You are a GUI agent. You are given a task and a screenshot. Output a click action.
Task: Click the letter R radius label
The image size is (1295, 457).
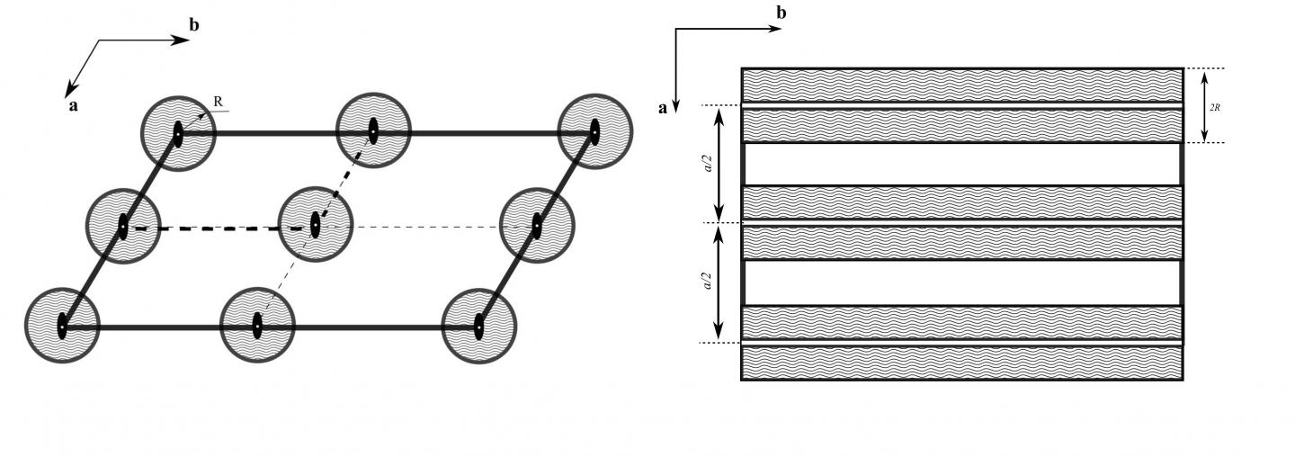[x=219, y=102]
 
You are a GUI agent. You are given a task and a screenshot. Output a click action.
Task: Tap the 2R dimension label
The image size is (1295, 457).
[x=1215, y=106]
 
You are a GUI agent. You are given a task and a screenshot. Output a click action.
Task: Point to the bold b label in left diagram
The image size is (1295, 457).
[x=194, y=25]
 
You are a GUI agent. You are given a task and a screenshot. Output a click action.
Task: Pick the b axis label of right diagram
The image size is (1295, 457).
[x=781, y=13]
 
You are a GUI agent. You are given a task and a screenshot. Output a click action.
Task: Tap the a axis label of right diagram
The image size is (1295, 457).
[x=664, y=109]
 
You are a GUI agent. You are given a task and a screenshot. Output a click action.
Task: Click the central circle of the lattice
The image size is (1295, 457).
[x=316, y=223]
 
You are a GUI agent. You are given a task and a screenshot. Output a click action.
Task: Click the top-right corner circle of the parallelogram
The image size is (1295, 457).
[x=594, y=131]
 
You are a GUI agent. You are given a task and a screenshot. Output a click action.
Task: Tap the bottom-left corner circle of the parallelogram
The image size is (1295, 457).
[x=62, y=325]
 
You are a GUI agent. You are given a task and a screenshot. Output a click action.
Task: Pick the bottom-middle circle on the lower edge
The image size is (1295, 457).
[x=257, y=326]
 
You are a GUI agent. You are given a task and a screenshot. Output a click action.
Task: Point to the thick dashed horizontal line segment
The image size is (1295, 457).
[x=216, y=228]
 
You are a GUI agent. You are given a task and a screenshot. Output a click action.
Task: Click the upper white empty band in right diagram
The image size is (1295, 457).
[x=961, y=164]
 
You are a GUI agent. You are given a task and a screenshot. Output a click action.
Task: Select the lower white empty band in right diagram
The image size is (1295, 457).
[x=961, y=282]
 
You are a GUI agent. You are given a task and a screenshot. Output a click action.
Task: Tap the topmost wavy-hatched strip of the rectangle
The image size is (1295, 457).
[x=961, y=85]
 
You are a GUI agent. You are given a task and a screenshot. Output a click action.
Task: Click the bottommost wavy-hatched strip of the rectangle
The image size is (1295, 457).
[x=961, y=363]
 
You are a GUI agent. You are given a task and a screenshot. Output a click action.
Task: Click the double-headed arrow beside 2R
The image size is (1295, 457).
[x=1204, y=106]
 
